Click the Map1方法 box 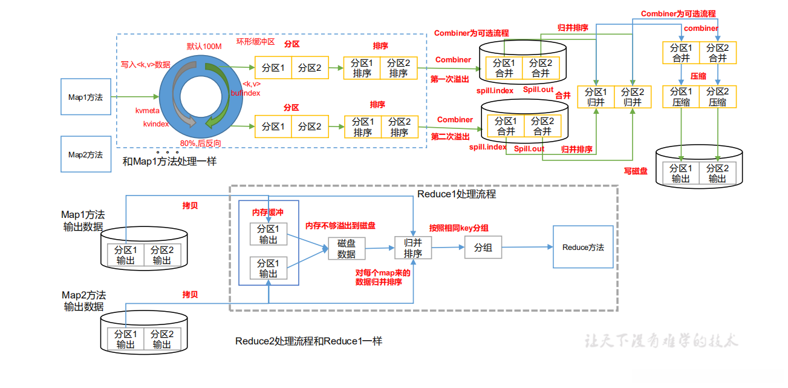[85, 97]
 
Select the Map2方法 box [85, 154]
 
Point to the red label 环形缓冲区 [255, 41]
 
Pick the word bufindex [246, 93]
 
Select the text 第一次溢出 [449, 79]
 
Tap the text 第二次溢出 [450, 137]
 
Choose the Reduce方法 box [582, 247]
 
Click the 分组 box [483, 248]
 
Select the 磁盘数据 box [347, 249]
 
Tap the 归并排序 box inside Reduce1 [413, 248]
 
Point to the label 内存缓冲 [267, 212]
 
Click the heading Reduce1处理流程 [457, 194]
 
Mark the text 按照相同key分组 [458, 228]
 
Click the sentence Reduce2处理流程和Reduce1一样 [308, 341]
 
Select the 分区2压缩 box [718, 97]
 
